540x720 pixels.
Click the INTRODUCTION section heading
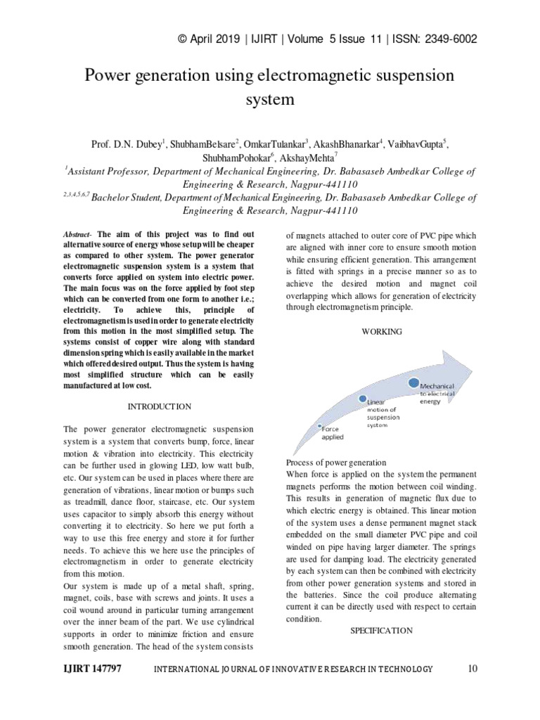[159, 406]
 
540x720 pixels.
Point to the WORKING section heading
[382, 331]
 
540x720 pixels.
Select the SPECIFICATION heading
[382, 631]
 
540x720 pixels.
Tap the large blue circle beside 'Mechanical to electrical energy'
[413, 382]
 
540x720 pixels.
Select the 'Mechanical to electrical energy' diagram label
[437, 394]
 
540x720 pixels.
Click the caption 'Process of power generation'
[336, 463]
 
